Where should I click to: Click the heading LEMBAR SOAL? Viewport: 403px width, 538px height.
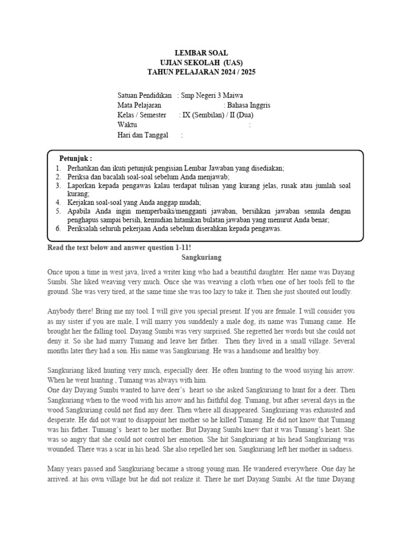pos(201,53)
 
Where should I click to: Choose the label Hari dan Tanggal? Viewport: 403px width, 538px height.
pos(143,135)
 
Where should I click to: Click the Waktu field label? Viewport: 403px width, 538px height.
pos(128,125)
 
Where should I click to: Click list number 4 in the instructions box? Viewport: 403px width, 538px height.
pos(58,202)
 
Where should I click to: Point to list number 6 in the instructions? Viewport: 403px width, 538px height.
pos(58,229)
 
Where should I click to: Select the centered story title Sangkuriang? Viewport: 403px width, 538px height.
pos(201,257)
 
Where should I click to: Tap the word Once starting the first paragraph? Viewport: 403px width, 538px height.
pos(58,272)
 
